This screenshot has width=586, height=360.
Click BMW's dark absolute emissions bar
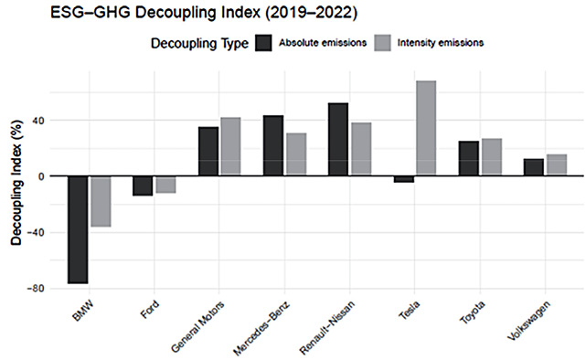[x=78, y=229]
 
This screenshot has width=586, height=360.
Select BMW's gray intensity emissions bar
[x=101, y=201]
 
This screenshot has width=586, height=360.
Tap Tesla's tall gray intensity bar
[x=426, y=128]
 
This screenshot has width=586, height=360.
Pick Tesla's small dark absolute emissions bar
[x=403, y=179]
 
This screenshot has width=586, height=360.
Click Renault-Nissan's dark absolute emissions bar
[x=338, y=139]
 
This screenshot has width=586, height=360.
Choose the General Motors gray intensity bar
[x=231, y=146]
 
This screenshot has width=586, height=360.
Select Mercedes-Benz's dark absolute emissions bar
[x=273, y=145]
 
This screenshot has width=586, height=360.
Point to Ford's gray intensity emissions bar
[x=166, y=185]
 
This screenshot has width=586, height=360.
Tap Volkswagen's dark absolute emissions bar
[x=534, y=167]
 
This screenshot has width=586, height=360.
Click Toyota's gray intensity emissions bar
[x=492, y=157]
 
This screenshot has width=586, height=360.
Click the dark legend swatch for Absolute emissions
[x=264, y=43]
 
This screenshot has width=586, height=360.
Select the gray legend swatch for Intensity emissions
[x=382, y=43]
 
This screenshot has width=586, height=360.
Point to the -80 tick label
[x=36, y=289]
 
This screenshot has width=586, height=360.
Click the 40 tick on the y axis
[x=39, y=121]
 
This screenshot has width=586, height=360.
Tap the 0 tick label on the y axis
[x=41, y=176]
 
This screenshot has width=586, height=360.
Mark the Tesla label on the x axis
[x=410, y=311]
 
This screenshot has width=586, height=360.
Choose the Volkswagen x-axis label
[x=529, y=321]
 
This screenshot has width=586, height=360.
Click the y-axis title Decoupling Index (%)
[x=16, y=182]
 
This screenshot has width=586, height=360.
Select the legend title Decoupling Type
[x=199, y=43]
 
